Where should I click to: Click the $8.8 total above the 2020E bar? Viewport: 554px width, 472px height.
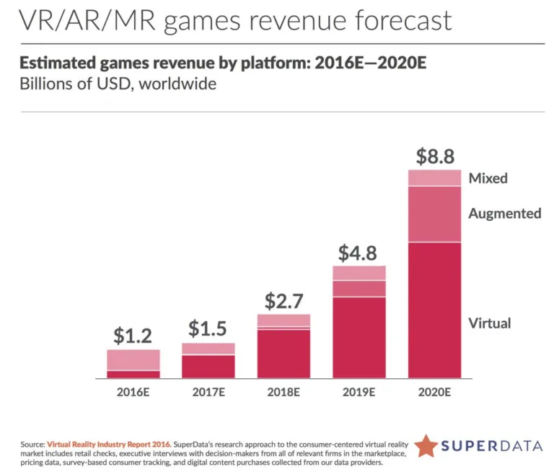(x=434, y=156)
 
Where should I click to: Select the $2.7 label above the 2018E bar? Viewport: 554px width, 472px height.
(x=283, y=301)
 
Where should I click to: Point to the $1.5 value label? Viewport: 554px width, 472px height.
(x=208, y=328)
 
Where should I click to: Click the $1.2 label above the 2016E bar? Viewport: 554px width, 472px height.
(x=133, y=336)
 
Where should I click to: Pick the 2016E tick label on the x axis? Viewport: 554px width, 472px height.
(x=133, y=393)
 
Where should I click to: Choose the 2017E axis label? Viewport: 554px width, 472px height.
(x=208, y=393)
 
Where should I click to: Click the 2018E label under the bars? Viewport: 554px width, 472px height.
(x=283, y=393)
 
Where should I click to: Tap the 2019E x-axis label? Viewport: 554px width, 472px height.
(x=359, y=393)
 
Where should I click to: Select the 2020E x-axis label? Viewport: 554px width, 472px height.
(x=434, y=393)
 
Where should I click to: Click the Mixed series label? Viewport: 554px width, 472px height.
(x=488, y=178)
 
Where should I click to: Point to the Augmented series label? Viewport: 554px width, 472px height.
(x=504, y=213)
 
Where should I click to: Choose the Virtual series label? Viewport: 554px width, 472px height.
(x=489, y=323)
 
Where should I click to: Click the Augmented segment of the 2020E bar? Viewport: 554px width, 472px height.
(x=434, y=214)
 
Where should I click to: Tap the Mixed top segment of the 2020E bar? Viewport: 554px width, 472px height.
(x=434, y=178)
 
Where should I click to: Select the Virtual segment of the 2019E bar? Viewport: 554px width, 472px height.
(x=359, y=337)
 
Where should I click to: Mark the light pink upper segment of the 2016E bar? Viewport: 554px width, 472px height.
(x=133, y=359)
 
